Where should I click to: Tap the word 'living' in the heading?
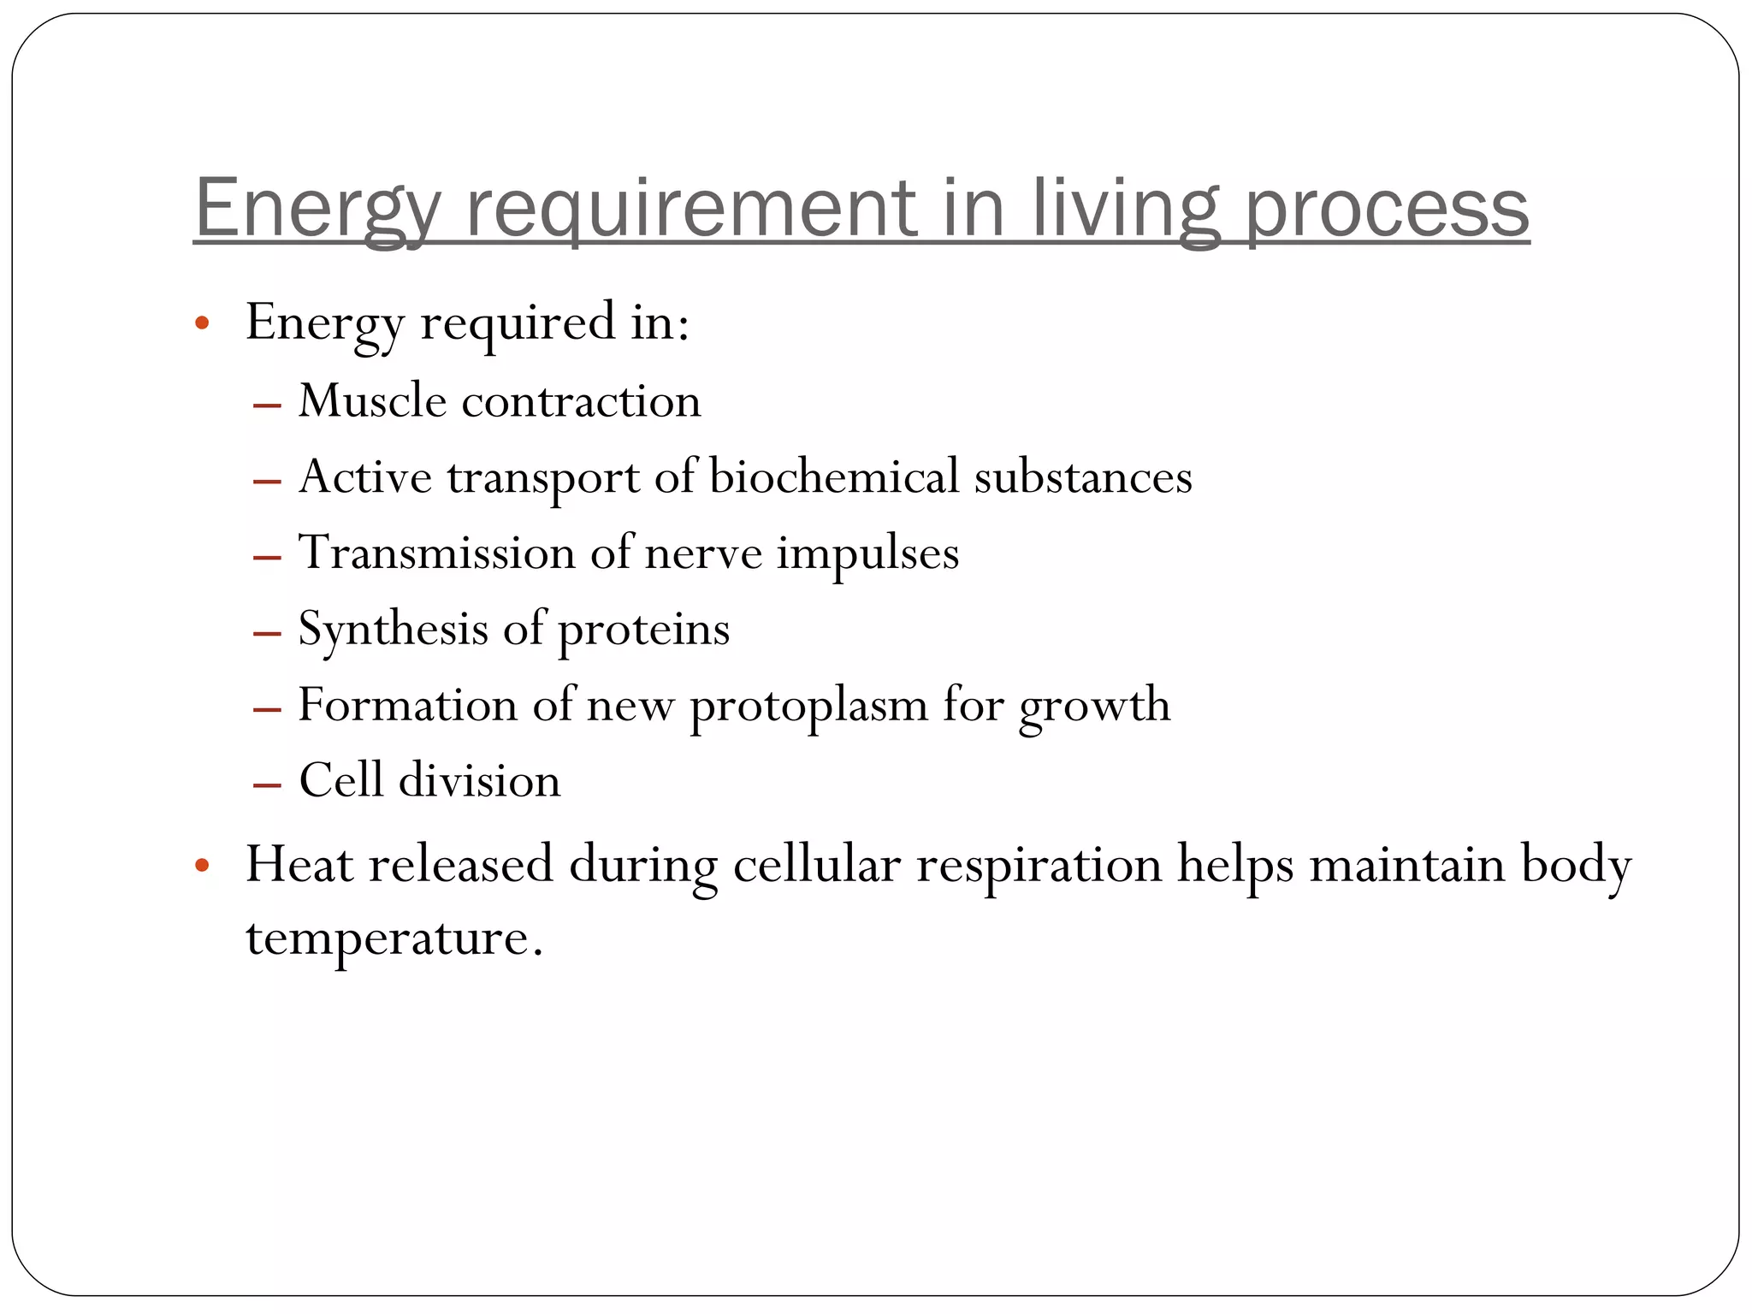pyautogui.click(x=1124, y=209)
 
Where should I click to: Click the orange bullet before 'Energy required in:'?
pyautogui.click(x=202, y=324)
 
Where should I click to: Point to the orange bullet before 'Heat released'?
pyautogui.click(x=202, y=866)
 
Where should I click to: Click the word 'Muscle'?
pyautogui.click(x=372, y=400)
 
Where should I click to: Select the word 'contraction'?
pyautogui.click(x=581, y=401)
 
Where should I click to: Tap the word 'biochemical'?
pyautogui.click(x=834, y=476)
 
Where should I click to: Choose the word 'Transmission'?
pyautogui.click(x=436, y=552)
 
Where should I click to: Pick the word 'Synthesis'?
pyautogui.click(x=393, y=629)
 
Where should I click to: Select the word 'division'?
pyautogui.click(x=479, y=780)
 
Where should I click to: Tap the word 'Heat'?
pyautogui.click(x=299, y=864)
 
